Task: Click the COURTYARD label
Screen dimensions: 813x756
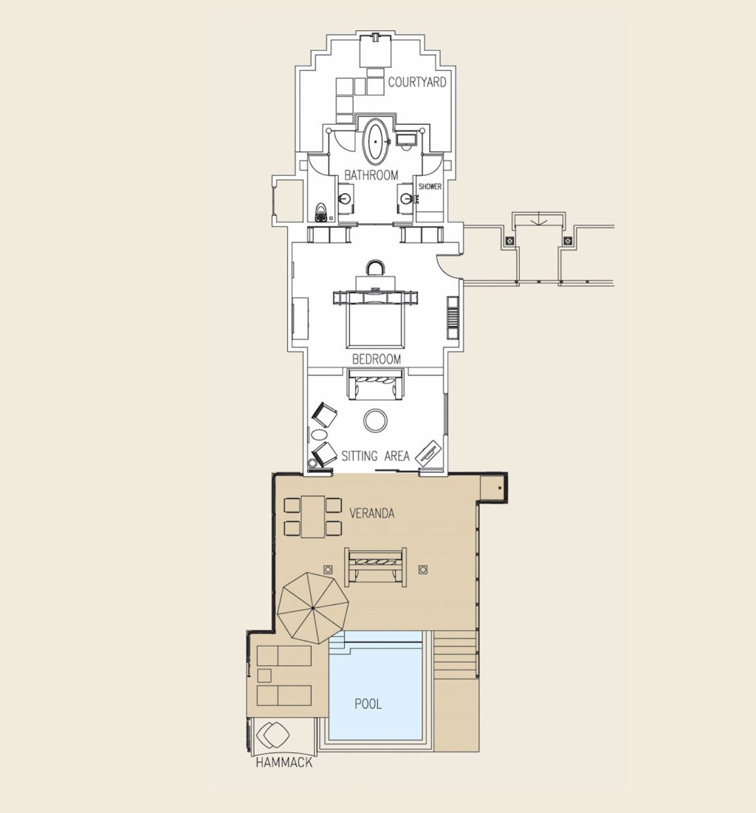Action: [x=417, y=83]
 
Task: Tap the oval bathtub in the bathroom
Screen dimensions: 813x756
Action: [x=376, y=140]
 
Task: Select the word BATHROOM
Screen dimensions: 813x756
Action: [x=371, y=176]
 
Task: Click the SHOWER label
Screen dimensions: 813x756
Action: [x=430, y=187]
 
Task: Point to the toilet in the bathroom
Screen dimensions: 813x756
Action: [x=320, y=212]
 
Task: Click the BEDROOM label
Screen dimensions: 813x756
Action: [x=377, y=359]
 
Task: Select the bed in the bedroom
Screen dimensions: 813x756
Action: [x=376, y=322]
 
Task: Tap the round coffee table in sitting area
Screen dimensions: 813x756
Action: [x=376, y=421]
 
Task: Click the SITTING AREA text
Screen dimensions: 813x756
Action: [x=375, y=457]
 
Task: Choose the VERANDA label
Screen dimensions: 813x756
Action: [x=371, y=512]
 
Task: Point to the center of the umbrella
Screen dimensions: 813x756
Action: [x=313, y=608]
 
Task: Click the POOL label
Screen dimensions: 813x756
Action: [x=368, y=704]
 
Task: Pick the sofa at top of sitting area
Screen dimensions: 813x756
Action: [x=376, y=384]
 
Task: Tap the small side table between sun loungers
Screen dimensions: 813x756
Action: [x=264, y=675]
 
